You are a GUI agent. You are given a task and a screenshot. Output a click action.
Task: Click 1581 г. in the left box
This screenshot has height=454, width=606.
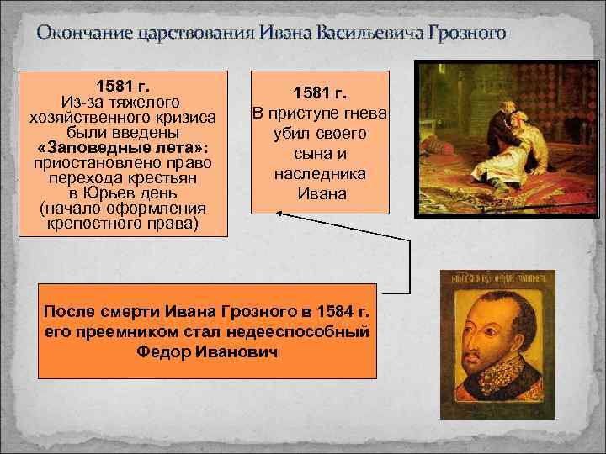coord(123,86)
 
